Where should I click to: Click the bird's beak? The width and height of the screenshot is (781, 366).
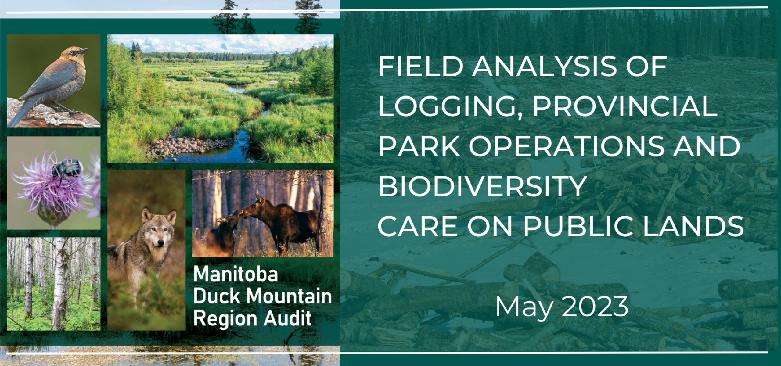pyautogui.click(x=83, y=50)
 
